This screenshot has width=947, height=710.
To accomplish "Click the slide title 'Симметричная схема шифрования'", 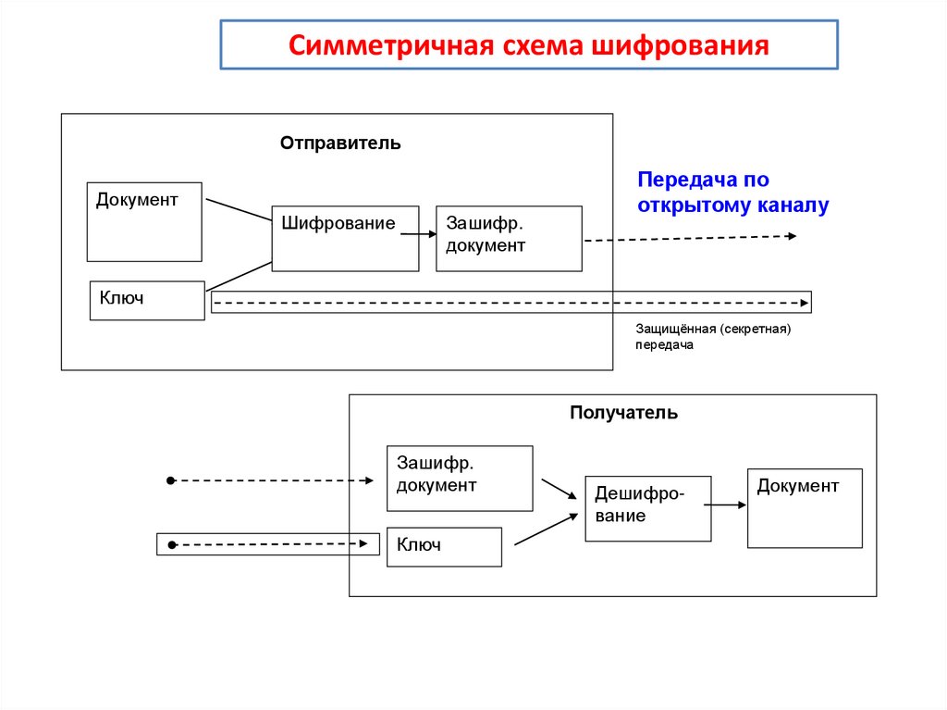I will tap(528, 45).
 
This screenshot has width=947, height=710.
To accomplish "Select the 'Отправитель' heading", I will tap(340, 143).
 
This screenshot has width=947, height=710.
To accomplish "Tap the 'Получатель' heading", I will tap(623, 413).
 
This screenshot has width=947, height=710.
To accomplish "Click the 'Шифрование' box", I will tap(344, 238).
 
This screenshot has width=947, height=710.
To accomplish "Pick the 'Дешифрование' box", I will tap(647, 508).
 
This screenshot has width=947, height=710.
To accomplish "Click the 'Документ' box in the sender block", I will tap(144, 222).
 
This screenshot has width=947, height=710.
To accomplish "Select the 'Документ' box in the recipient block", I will tap(804, 507).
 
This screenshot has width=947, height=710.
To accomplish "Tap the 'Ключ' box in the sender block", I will tap(146, 300).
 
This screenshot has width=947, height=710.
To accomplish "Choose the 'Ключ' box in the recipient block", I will tap(443, 546).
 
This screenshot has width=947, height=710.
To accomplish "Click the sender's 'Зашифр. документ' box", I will tap(509, 238).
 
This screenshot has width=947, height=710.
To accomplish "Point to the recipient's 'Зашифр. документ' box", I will tap(459, 478).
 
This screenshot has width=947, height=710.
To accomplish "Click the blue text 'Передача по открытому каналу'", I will tap(732, 193).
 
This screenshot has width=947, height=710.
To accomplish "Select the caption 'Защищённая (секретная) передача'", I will tap(713, 336).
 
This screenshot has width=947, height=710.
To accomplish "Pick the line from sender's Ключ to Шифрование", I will tap(238, 275).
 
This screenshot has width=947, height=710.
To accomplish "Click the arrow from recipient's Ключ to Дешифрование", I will tap(545, 528).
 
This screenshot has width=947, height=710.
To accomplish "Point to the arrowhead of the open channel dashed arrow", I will tap(792, 236).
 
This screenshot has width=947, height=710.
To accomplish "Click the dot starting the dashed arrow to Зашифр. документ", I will tap(170, 480).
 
